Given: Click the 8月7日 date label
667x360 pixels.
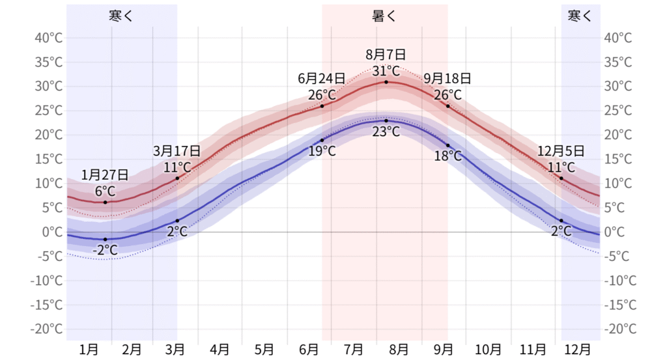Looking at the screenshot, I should pyautogui.click(x=386, y=55).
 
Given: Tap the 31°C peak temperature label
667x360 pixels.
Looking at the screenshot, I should pyautogui.click(x=386, y=70).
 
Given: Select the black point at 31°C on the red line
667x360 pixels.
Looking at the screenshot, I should pyautogui.click(x=386, y=82).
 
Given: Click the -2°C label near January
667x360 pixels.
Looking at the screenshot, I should pyautogui.click(x=105, y=250).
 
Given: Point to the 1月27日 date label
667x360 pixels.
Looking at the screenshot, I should pyautogui.click(x=105, y=174).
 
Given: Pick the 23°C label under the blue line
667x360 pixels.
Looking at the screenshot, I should pyautogui.click(x=386, y=131).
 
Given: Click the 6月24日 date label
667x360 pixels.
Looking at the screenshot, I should pyautogui.click(x=321, y=79).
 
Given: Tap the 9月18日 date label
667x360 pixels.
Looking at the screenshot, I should pyautogui.click(x=447, y=79).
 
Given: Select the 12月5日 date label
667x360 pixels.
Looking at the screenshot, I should pyautogui.click(x=561, y=152).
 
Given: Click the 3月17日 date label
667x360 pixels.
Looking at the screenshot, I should pyautogui.click(x=177, y=152).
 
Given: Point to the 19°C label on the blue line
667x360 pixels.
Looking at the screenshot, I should pyautogui.click(x=322, y=151).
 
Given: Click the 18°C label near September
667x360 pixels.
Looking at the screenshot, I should pyautogui.click(x=447, y=156).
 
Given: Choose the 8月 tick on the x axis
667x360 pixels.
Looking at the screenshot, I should pyautogui.click(x=399, y=350).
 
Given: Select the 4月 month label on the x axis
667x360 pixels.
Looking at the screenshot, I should pyautogui.click(x=220, y=350).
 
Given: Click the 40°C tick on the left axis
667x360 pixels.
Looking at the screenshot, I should pyautogui.click(x=47, y=38).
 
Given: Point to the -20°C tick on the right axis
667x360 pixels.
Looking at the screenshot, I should pyautogui.click(x=620, y=329).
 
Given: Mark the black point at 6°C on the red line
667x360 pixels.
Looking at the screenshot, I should pyautogui.click(x=105, y=202).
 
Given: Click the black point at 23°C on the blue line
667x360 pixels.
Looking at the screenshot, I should pyautogui.click(x=386, y=120).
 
